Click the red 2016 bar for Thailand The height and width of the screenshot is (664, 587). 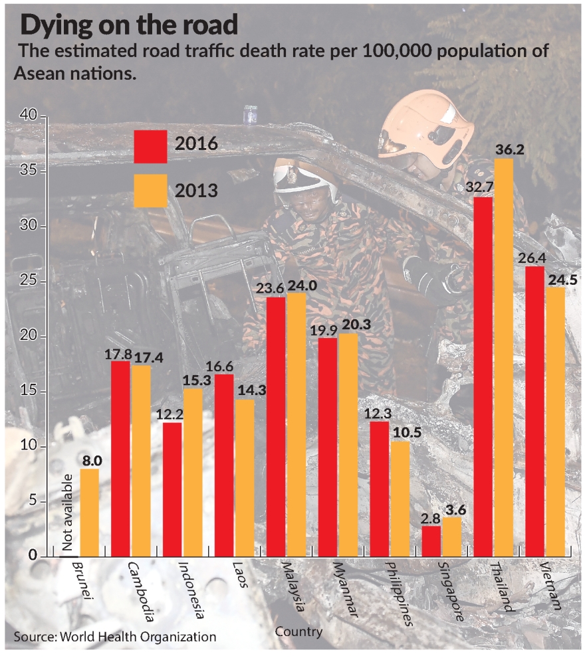pyautogui.click(x=483, y=376)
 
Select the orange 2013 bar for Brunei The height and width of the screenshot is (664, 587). pyautogui.click(x=90, y=513)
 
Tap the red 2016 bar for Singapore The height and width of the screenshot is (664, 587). pyautogui.click(x=431, y=541)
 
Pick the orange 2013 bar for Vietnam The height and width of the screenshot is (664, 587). pyautogui.click(x=556, y=422)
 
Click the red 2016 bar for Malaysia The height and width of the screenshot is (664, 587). pyautogui.click(x=275, y=426)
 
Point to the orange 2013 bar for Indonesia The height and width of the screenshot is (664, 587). pyautogui.click(x=193, y=472)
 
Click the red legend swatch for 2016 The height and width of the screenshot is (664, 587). pyautogui.click(x=150, y=146)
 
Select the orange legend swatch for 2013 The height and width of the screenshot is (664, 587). pyautogui.click(x=150, y=191)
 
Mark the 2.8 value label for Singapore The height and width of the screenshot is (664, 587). pyautogui.click(x=431, y=517)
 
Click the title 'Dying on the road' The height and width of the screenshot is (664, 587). pyautogui.click(x=129, y=25)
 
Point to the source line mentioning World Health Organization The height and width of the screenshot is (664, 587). pyautogui.click(x=115, y=636)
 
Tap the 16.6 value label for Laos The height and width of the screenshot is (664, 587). pyautogui.click(x=224, y=365)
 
